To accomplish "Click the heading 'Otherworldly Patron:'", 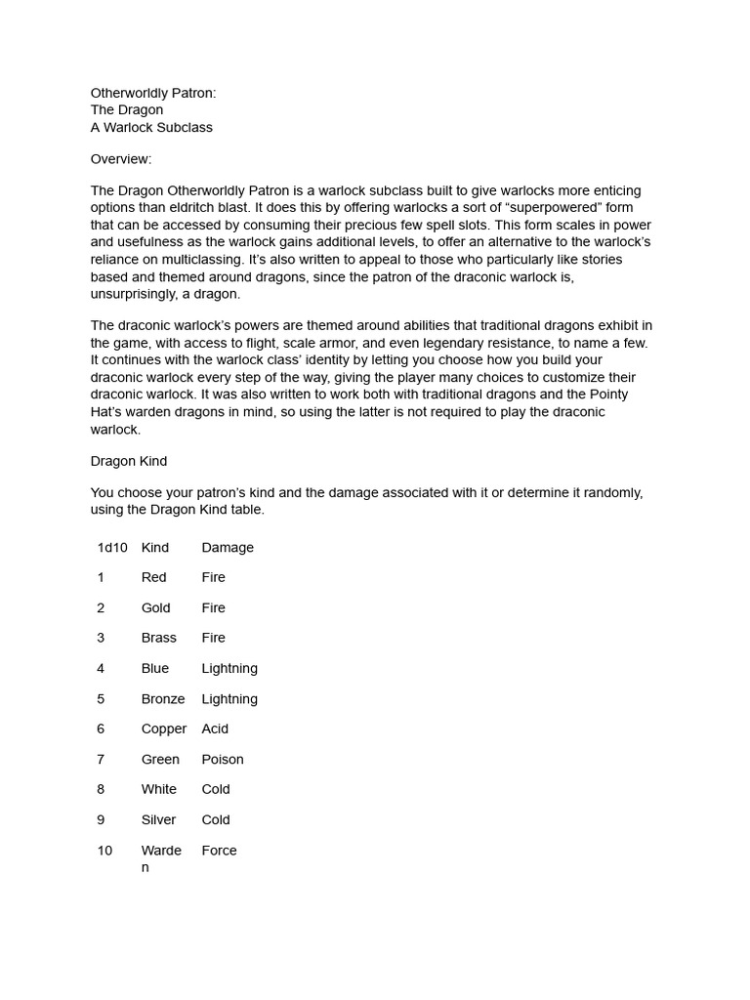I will pyautogui.click(x=153, y=93).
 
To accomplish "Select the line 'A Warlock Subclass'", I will pyautogui.click(x=151, y=128).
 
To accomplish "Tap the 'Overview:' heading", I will pyautogui.click(x=121, y=159).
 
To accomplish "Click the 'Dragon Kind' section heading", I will pyautogui.click(x=129, y=461).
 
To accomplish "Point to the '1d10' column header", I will pyautogui.click(x=112, y=548).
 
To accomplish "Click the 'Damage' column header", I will pyautogui.click(x=228, y=548).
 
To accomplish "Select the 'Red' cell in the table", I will pyautogui.click(x=154, y=578).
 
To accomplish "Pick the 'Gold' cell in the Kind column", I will pyautogui.click(x=156, y=608).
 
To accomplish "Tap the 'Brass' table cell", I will pyautogui.click(x=159, y=638).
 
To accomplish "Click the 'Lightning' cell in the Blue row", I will pyautogui.click(x=229, y=669).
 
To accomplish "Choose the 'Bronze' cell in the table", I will pyautogui.click(x=163, y=699).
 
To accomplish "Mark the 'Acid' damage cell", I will pyautogui.click(x=215, y=729).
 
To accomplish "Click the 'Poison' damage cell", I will pyautogui.click(x=223, y=760).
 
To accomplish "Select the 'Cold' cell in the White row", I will pyautogui.click(x=216, y=789).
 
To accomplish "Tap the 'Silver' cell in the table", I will pyautogui.click(x=159, y=820).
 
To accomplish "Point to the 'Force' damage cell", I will pyautogui.click(x=219, y=851).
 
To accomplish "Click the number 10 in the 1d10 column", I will pyautogui.click(x=104, y=851).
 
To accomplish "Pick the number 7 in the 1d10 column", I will pyautogui.click(x=101, y=760).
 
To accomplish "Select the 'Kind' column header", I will pyautogui.click(x=155, y=548).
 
